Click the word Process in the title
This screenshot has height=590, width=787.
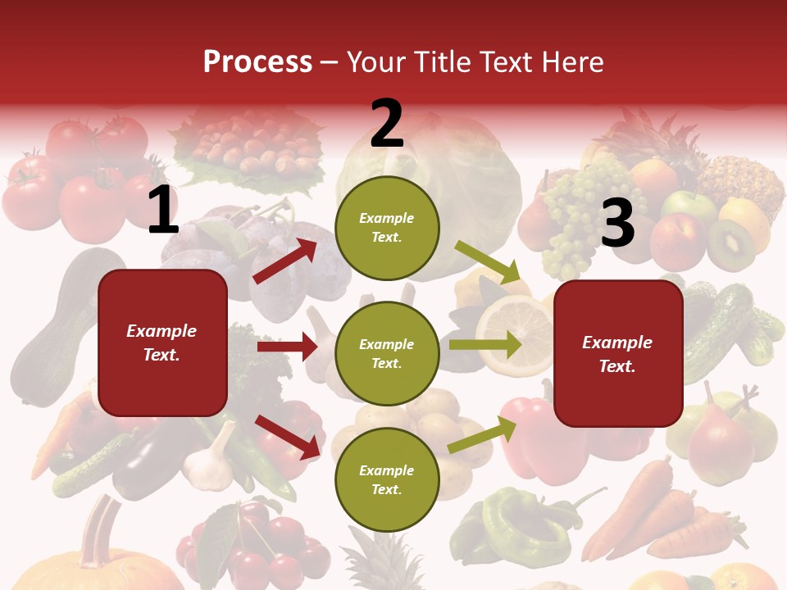257,62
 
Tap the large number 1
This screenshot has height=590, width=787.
163,211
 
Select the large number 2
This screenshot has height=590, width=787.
387,124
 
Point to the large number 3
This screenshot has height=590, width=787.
617,224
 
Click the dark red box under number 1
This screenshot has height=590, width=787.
162,343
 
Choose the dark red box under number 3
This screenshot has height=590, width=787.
618,353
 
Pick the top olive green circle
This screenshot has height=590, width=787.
387,228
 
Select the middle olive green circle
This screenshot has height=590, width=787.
387,353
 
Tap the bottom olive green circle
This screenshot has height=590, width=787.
387,479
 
